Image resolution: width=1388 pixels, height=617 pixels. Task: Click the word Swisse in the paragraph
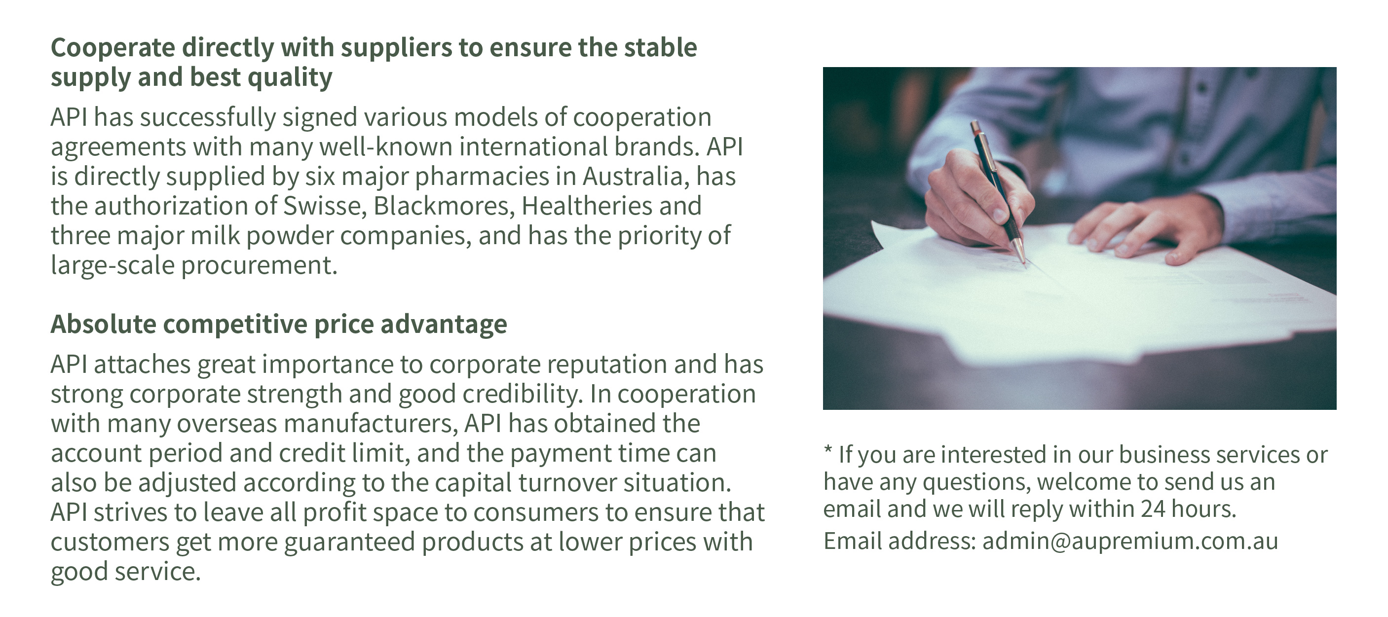coord(324,206)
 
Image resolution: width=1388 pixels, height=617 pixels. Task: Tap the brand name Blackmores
coord(444,206)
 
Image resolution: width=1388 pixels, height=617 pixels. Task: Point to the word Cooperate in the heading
coord(113,48)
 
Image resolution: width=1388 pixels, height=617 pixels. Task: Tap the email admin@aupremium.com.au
coord(1130,541)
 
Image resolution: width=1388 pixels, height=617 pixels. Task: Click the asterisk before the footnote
coord(827,450)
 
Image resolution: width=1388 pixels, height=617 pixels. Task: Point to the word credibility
coord(523,394)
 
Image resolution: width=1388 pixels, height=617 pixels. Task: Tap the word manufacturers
coord(371,424)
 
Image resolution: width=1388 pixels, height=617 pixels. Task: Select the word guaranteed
coord(349,542)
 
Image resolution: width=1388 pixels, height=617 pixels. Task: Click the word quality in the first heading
coord(290,78)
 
